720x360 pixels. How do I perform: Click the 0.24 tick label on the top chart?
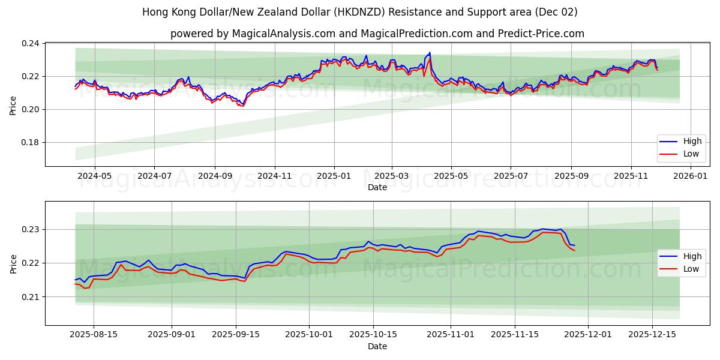31,44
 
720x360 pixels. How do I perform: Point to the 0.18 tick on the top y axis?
31,142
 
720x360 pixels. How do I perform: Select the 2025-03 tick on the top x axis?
392,176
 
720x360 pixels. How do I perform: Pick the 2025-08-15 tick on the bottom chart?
93,335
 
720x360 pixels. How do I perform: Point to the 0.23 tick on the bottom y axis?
31,230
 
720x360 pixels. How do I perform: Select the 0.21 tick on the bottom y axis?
31,297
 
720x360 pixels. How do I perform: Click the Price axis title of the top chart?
13,104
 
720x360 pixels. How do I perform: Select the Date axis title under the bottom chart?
377,346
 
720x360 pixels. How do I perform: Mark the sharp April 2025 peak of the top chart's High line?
430,53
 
